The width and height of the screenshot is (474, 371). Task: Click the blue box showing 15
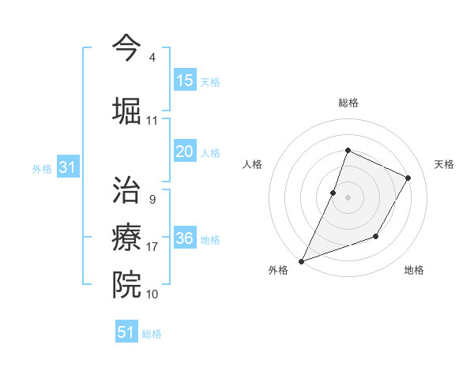tap(185, 81)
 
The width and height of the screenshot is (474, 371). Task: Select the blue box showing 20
tap(185, 152)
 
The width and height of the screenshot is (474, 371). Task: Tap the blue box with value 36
tap(185, 238)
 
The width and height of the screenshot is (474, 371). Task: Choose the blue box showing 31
tap(68, 167)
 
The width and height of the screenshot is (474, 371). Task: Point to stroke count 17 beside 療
tap(152, 247)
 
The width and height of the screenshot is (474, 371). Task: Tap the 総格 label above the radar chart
tap(348, 103)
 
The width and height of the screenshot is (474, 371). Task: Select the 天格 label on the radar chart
tap(444, 164)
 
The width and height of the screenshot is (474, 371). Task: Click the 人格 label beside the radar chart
tap(252, 164)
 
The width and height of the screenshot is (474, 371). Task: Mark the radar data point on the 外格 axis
tap(301, 261)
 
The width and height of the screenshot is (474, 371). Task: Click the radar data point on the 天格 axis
tap(408, 178)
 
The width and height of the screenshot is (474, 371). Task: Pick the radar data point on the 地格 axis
tap(376, 236)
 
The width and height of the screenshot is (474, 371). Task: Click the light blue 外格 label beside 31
tap(42, 168)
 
